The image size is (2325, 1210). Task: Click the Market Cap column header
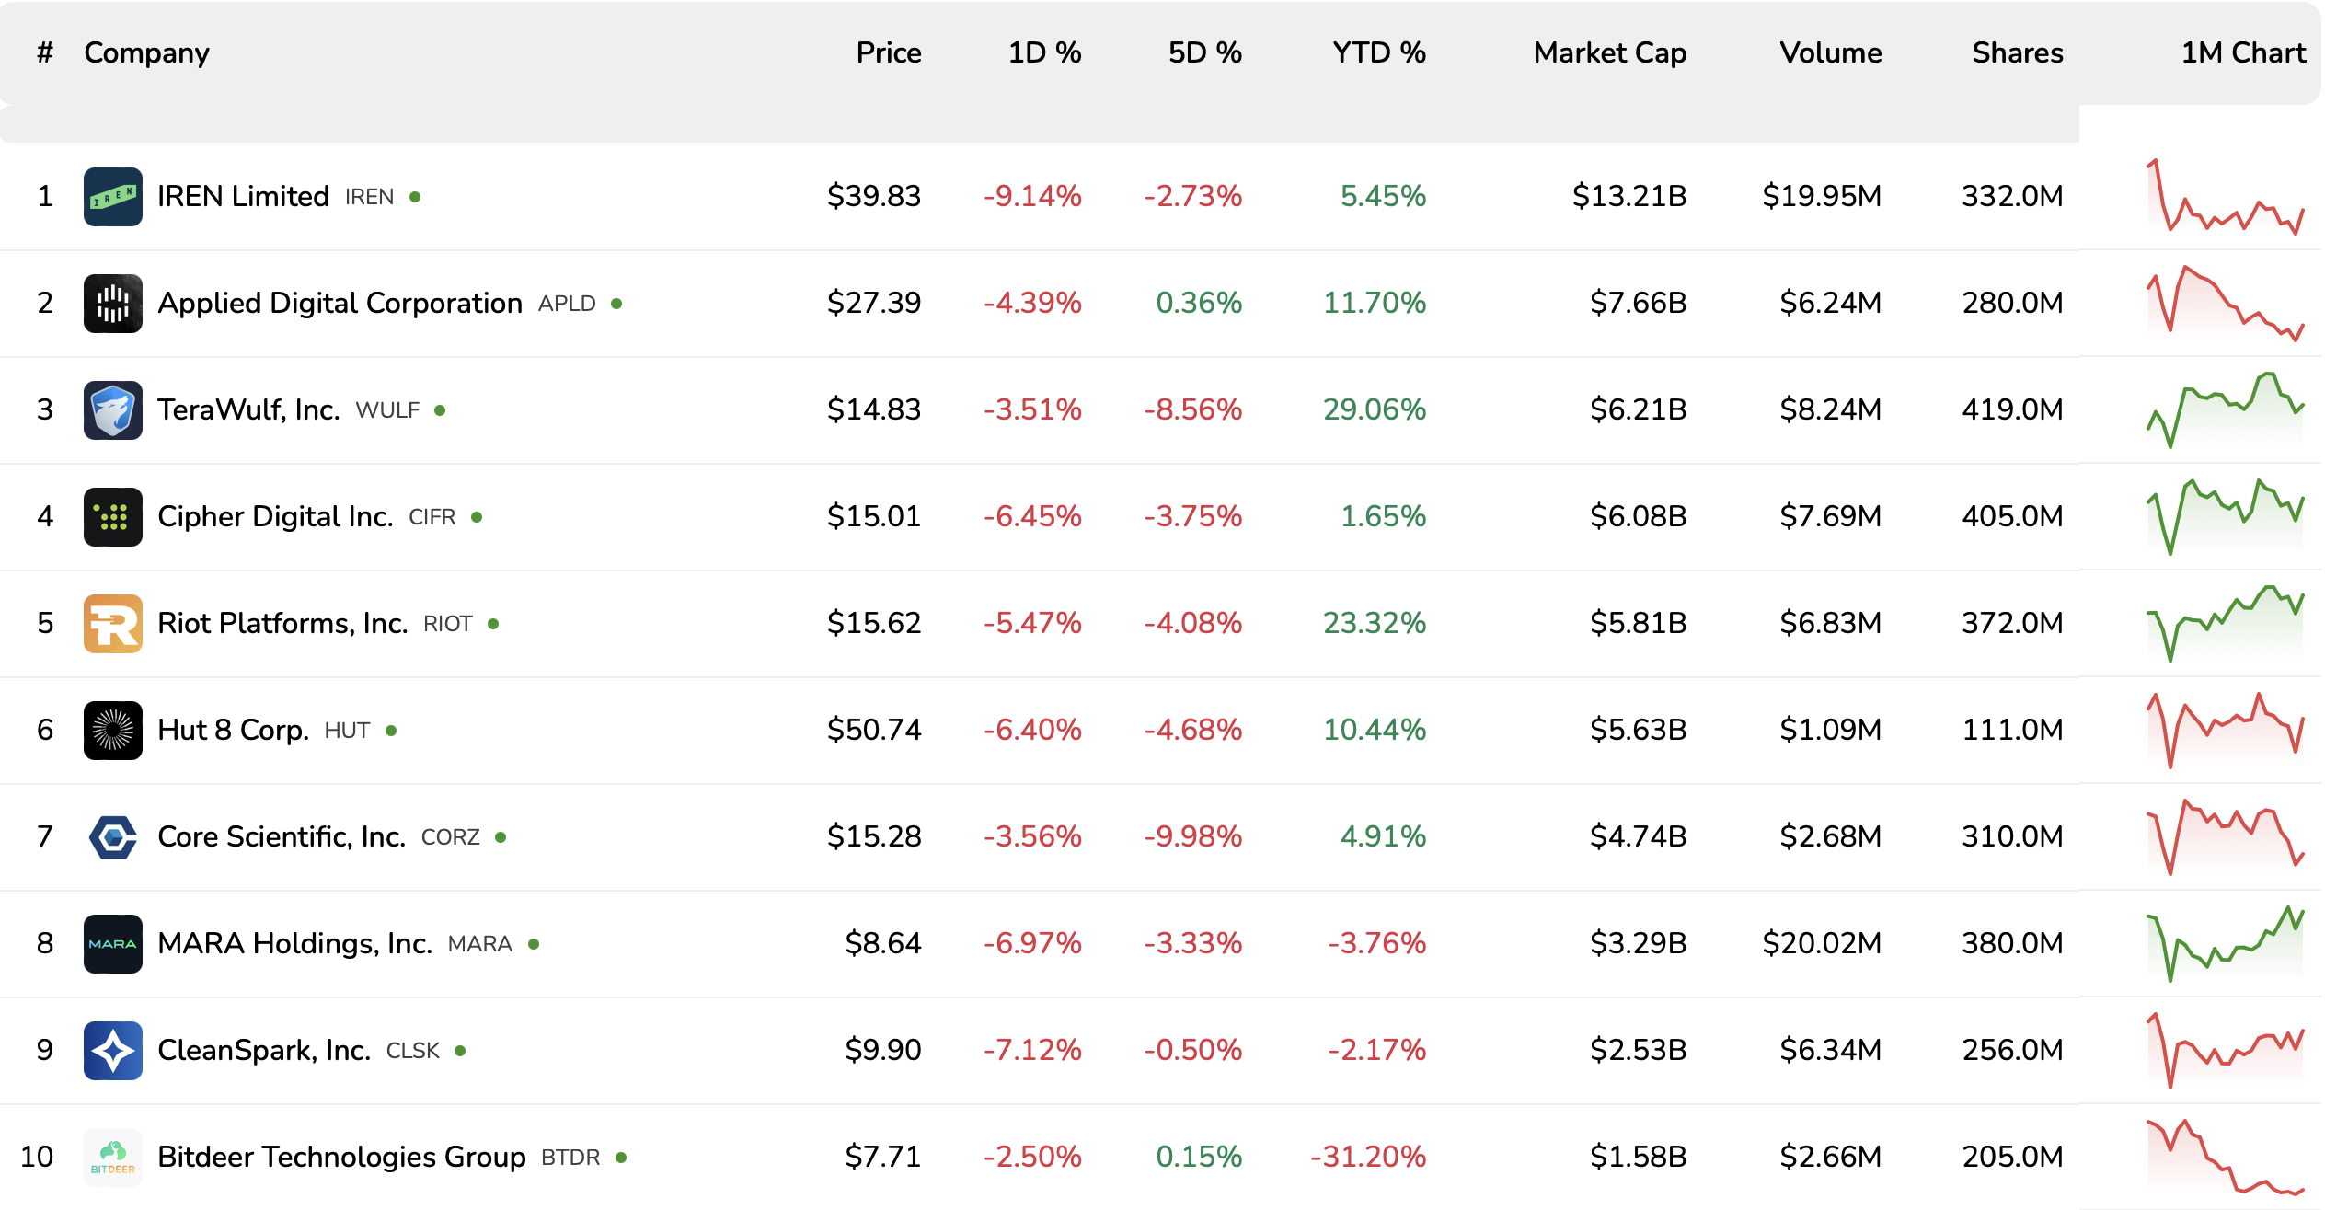1609,52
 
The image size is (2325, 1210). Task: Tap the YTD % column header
1378,52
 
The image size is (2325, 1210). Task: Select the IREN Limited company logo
112,196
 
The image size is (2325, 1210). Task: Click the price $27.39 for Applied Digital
873,303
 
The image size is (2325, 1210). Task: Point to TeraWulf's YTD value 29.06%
1374,409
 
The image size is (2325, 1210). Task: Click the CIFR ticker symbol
432,517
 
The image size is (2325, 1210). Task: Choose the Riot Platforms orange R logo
112,623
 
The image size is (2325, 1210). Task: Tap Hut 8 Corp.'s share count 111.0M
2012,730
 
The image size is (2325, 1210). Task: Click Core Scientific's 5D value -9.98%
1192,836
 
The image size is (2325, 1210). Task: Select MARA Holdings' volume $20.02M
1821,943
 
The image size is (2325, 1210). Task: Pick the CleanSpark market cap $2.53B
1638,1050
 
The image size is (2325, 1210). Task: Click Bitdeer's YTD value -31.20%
1367,1157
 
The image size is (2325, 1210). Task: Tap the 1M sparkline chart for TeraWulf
2225,409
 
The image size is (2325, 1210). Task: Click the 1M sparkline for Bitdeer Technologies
2225,1157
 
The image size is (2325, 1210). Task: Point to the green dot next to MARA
534,944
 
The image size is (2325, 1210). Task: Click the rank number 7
44,836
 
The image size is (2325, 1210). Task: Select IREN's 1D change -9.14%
1031,196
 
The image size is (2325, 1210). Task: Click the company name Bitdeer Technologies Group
341,1157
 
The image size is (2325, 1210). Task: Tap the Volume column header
1830,52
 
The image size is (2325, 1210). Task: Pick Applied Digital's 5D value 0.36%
1198,303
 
